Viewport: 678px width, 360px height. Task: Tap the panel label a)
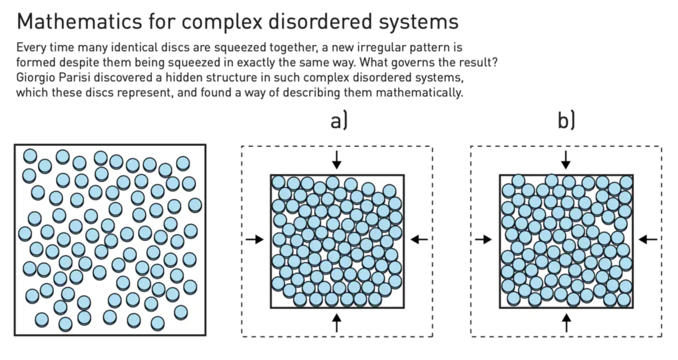point(339,121)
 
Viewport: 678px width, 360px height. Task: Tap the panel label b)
point(566,121)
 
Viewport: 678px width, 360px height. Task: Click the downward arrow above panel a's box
point(336,160)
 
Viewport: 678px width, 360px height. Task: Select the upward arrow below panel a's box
point(336,322)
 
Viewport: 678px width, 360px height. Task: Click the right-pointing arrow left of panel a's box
point(255,240)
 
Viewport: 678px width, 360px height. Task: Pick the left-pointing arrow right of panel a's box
point(419,240)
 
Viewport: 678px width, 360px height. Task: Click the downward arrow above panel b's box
point(566,160)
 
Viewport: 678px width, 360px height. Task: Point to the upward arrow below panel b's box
point(566,322)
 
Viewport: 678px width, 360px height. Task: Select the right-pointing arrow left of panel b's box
point(483,240)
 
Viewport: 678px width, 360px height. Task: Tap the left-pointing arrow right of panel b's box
point(647,240)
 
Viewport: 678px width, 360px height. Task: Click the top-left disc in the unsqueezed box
point(30,156)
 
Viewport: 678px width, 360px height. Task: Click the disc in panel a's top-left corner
point(278,182)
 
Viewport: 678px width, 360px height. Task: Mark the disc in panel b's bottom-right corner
point(624,299)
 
